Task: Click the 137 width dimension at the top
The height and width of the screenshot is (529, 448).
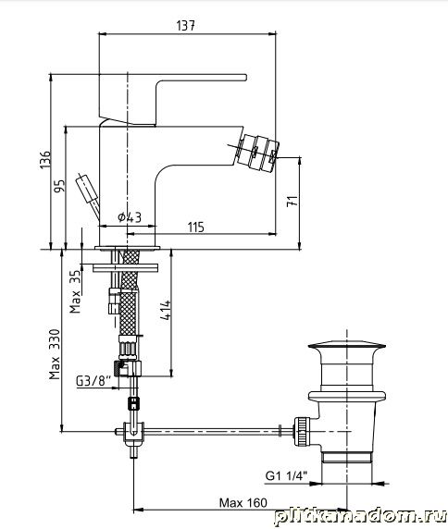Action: [x=186, y=26]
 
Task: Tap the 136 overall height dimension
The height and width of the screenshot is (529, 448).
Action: [x=45, y=160]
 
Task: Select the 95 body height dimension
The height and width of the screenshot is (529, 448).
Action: [x=59, y=186]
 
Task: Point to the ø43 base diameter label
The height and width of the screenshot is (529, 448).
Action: [x=130, y=217]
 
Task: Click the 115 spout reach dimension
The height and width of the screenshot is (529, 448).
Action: [x=196, y=228]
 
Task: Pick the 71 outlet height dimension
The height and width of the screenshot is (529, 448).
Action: [x=292, y=201]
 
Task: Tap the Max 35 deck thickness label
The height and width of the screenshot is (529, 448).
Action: [x=75, y=291]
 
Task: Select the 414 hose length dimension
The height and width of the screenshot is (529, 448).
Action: [x=166, y=310]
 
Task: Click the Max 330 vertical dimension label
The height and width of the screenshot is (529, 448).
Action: [x=55, y=354]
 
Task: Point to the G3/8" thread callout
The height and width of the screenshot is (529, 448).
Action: [x=93, y=381]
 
